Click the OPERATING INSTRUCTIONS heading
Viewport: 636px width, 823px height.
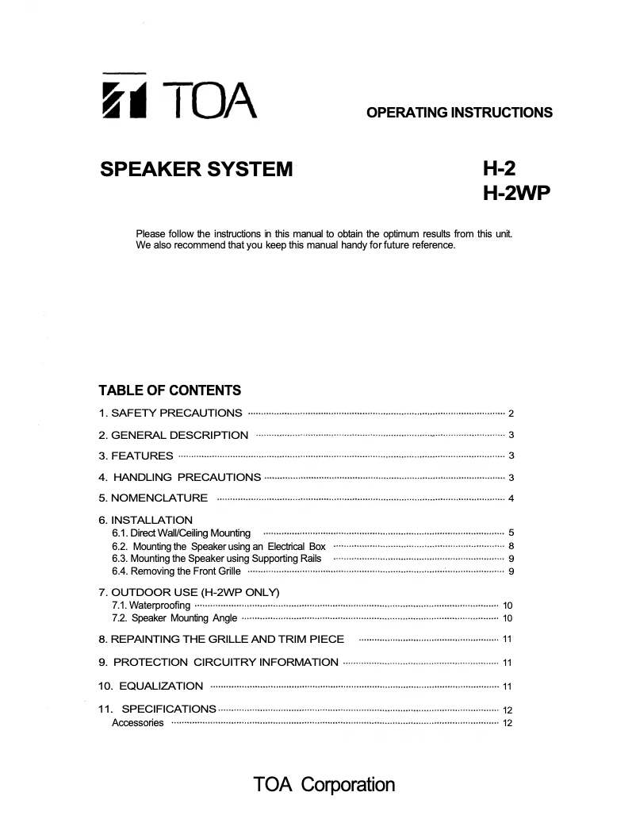click(459, 113)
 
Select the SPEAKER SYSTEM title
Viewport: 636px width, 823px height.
click(196, 169)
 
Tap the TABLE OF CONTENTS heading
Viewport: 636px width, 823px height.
click(170, 390)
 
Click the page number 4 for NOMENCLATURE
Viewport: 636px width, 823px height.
click(511, 498)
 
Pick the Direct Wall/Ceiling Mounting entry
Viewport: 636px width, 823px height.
click(182, 533)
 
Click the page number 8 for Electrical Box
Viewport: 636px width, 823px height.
click(511, 547)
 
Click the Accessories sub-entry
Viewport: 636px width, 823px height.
click(138, 723)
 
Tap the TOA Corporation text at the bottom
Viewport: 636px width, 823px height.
click(324, 785)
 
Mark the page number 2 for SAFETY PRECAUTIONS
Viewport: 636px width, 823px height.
click(511, 413)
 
